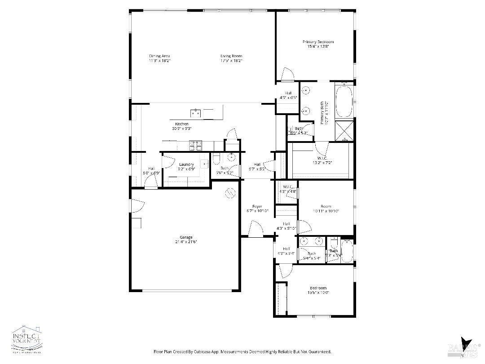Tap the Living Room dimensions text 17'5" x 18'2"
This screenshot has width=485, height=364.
[x=231, y=61]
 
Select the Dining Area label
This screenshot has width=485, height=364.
[x=159, y=56]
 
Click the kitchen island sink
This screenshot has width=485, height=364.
[x=196, y=113]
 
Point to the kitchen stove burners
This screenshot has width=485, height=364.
[x=196, y=145]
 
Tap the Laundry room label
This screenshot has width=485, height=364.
[x=186, y=164]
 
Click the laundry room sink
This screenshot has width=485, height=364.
[x=204, y=164]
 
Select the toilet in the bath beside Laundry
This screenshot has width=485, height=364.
[x=216, y=158]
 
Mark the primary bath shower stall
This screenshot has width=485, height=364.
[x=344, y=130]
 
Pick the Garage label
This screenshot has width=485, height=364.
[x=186, y=237]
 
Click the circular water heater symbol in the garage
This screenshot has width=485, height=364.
[x=230, y=193]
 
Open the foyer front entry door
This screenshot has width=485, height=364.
[x=255, y=229]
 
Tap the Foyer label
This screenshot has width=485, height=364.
[x=257, y=207]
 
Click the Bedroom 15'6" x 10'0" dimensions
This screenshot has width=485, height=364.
[x=318, y=293]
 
